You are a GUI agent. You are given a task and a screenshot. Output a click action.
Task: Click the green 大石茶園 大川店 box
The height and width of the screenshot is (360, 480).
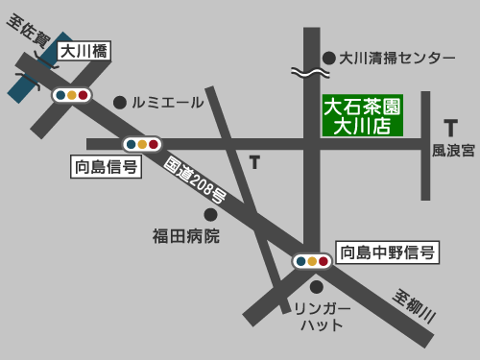pyautogui.click(x=361, y=114)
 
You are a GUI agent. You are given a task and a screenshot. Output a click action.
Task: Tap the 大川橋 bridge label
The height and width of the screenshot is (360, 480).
pyautogui.click(x=84, y=52)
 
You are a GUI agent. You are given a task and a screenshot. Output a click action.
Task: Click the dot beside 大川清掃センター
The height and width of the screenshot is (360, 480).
pyautogui.click(x=328, y=58)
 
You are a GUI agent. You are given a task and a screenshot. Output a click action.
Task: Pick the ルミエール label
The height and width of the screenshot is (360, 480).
pyautogui.click(x=168, y=102)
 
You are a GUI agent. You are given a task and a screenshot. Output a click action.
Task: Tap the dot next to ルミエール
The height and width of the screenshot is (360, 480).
pyautogui.click(x=120, y=102)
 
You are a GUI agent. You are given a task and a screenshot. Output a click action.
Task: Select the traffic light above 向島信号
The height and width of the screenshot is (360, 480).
pyautogui.click(x=141, y=145)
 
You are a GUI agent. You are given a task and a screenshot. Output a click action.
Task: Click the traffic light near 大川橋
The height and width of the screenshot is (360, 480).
pyautogui.click(x=72, y=95)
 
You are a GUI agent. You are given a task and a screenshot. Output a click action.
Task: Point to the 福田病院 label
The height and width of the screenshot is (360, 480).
pyautogui.click(x=186, y=235)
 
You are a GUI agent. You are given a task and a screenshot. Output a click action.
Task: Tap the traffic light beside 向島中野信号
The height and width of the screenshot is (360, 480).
pyautogui.click(x=311, y=260)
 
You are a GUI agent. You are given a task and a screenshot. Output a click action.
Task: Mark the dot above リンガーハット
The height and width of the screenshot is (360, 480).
pyautogui.click(x=316, y=286)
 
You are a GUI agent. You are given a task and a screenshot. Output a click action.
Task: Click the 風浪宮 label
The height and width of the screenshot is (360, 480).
pyautogui.click(x=453, y=151)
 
